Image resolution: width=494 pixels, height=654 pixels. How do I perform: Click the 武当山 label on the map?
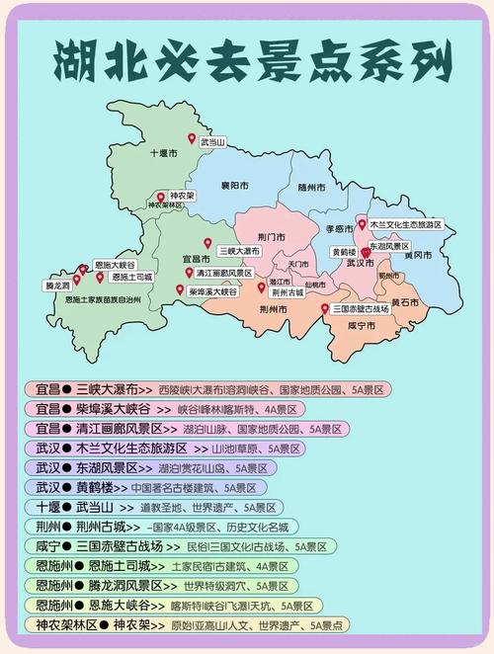coord(212,143)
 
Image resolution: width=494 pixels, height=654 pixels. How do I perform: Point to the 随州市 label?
coord(310,187)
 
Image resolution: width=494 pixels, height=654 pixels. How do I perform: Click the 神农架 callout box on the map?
coord(180,196)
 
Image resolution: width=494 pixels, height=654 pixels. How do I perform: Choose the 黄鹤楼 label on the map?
coord(344,252)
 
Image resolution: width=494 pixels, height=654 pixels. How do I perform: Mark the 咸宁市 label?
coord(363,325)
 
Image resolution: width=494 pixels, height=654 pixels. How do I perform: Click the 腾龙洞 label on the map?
coord(57,285)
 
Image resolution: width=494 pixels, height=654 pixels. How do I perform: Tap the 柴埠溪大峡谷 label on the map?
coord(212,291)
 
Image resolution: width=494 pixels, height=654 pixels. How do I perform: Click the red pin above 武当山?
coord(193,139)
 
